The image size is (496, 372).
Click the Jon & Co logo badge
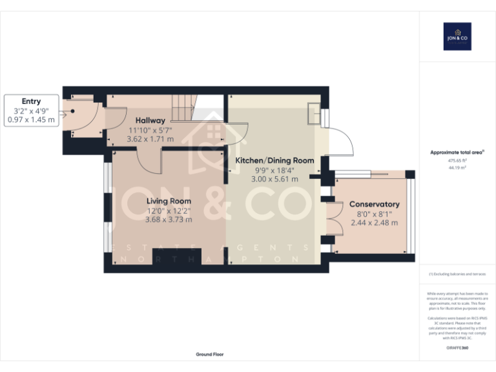pyautogui.click(x=457, y=37)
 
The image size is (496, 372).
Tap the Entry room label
pyautogui.click(x=31, y=101)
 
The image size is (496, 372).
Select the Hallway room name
pyautogui.click(x=150, y=121)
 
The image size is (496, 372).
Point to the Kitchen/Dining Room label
pyautogui.click(x=274, y=160)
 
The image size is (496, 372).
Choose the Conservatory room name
pyautogui.click(x=375, y=204)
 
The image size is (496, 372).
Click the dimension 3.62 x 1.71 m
pyautogui.click(x=150, y=139)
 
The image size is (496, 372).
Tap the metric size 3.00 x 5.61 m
pyautogui.click(x=274, y=179)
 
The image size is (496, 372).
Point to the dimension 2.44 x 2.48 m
pyautogui.click(x=375, y=223)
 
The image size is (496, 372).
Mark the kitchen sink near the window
pyautogui.click(x=315, y=114)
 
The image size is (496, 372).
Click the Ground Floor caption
pyautogui.click(x=210, y=355)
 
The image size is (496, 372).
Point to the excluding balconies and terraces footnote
pyautogui.click(x=457, y=274)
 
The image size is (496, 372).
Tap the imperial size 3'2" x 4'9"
pyautogui.click(x=31, y=110)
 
